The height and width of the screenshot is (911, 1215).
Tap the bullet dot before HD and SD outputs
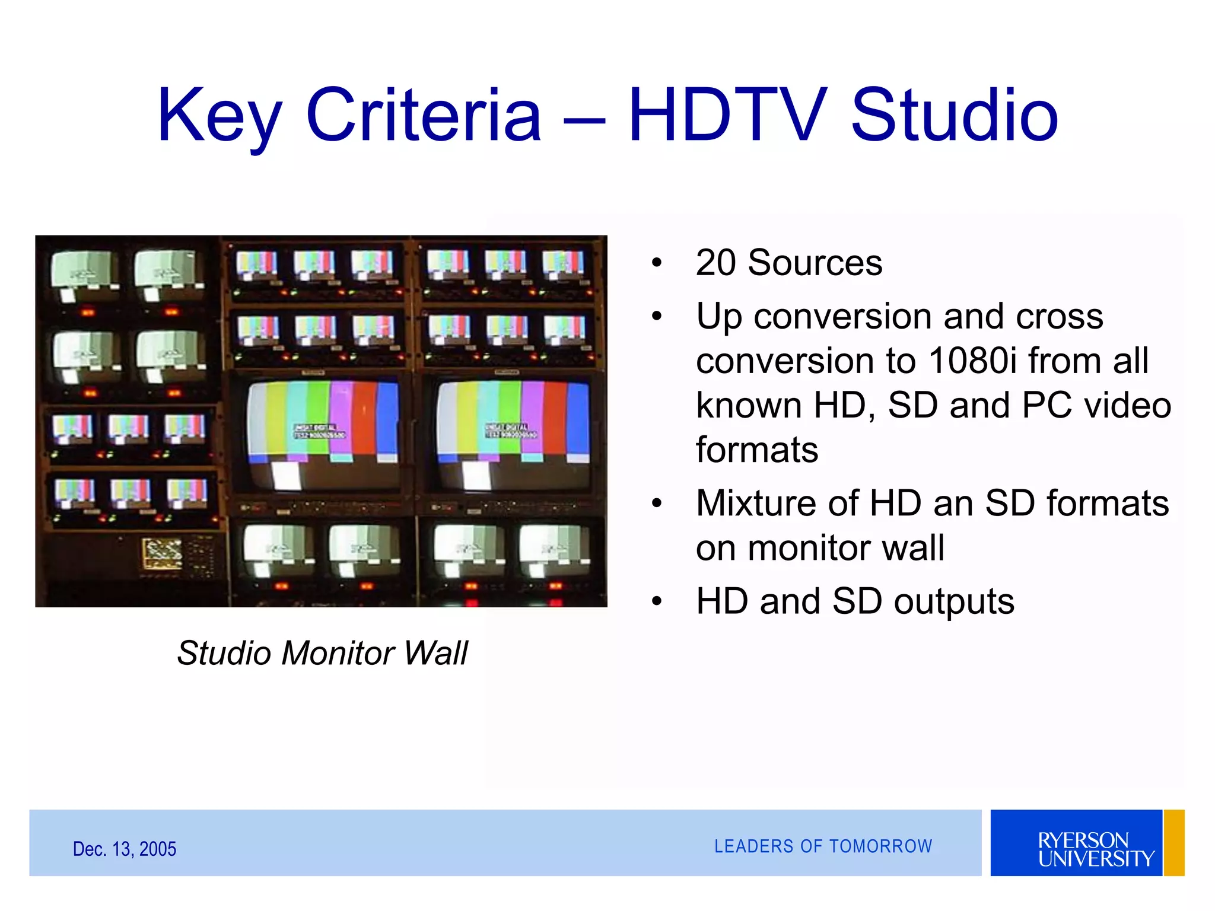[656, 602]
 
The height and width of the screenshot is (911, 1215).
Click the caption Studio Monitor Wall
[322, 653]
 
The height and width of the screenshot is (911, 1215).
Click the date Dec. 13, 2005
[125, 849]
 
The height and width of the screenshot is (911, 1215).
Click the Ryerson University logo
[1076, 843]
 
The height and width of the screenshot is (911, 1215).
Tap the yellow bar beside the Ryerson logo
[1173, 843]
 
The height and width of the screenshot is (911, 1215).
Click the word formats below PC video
[757, 450]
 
